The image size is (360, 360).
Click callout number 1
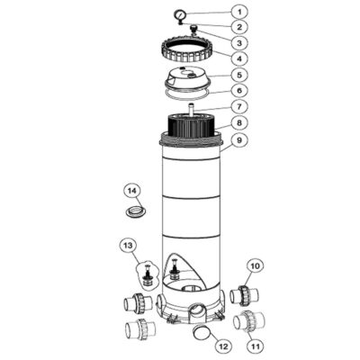[239, 12]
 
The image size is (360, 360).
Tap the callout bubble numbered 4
[239, 58]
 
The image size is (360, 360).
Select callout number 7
[239, 106]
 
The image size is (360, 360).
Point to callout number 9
[239, 140]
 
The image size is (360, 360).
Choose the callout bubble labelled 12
[224, 346]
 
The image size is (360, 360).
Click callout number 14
[132, 190]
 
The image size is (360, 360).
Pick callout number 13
[128, 246]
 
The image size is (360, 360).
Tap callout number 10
[255, 265]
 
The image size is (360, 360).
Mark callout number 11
[256, 346]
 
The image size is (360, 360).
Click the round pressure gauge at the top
[180, 14]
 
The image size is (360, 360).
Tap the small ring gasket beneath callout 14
[136, 211]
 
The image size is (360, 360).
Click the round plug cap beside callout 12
[201, 332]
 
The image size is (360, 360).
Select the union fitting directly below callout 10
[245, 296]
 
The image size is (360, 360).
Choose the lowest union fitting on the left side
[140, 329]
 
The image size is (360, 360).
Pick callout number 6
[239, 90]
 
